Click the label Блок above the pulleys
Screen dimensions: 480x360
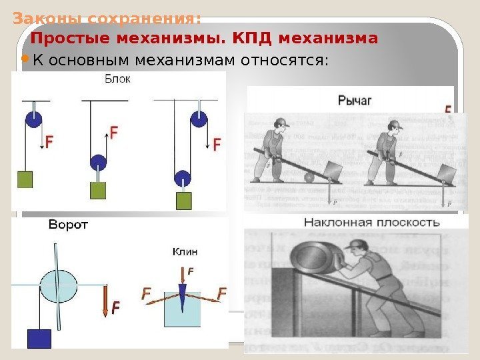(x=118, y=79)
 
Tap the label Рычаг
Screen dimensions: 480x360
(x=354, y=101)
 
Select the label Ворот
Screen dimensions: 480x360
(x=68, y=225)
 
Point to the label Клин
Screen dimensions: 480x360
(x=185, y=252)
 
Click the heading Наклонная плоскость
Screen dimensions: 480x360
(x=372, y=222)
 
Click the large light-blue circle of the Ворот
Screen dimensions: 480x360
(x=59, y=286)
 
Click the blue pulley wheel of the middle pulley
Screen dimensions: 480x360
(x=98, y=163)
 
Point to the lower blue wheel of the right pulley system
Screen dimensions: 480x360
(x=182, y=178)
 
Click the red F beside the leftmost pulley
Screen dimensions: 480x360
(x=49, y=141)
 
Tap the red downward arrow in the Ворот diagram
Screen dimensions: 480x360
(x=106, y=300)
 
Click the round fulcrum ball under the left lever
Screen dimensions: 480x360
(x=309, y=177)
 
